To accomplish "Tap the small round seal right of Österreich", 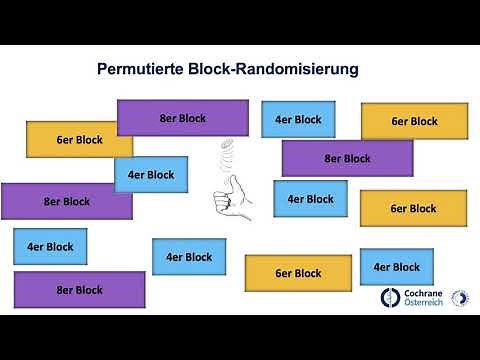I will click(x=463, y=298).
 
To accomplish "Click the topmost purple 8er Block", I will click(x=182, y=118).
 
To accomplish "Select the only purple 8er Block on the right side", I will click(x=347, y=158).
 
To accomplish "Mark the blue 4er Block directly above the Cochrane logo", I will click(x=396, y=267).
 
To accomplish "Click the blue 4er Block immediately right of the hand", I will click(x=310, y=199).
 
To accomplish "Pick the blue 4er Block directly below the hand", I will click(x=189, y=257).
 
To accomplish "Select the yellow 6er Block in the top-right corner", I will click(x=414, y=121).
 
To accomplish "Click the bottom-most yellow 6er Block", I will click(x=298, y=273).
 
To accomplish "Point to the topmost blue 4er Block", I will click(x=298, y=120).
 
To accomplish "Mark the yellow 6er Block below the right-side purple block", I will click(x=413, y=208).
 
